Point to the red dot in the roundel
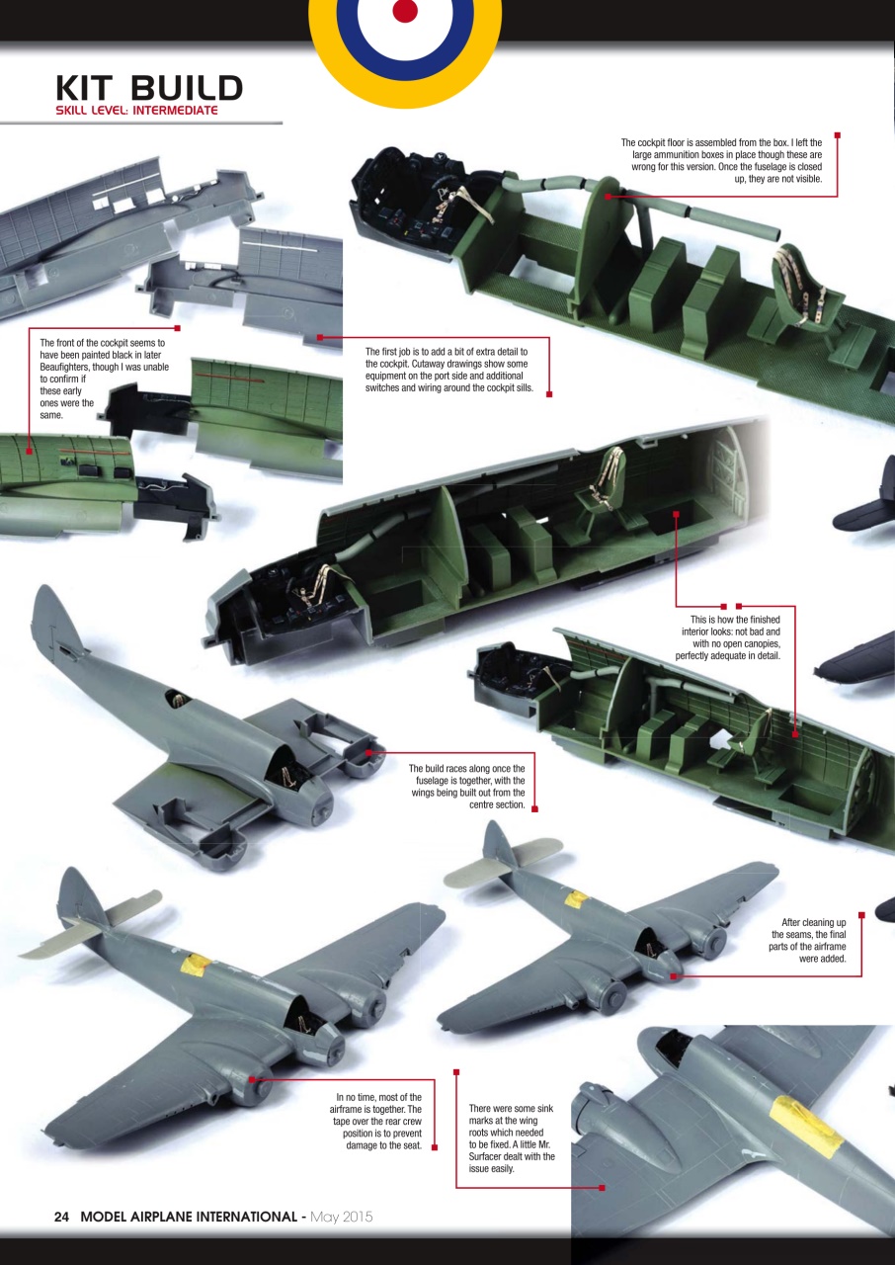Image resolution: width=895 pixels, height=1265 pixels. [405, 10]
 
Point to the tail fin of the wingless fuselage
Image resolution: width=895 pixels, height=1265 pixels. [51, 618]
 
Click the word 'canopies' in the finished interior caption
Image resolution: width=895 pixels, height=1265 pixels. [758, 643]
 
